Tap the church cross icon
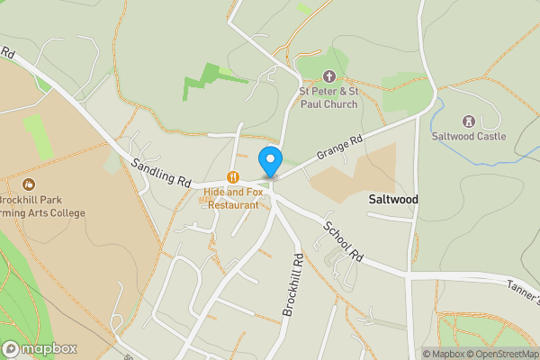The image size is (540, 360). pyautogui.click(x=328, y=77)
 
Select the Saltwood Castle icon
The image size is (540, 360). pyautogui.click(x=468, y=121)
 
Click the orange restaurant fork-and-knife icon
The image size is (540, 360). pyautogui.click(x=232, y=177)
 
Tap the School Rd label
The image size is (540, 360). pyautogui.click(x=344, y=242)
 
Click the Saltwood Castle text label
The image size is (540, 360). pyautogui.click(x=468, y=137)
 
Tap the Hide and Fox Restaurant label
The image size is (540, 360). pyautogui.click(x=232, y=198)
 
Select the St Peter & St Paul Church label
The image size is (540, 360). pyautogui.click(x=328, y=97)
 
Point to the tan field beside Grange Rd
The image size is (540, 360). pyautogui.click(x=355, y=175)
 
